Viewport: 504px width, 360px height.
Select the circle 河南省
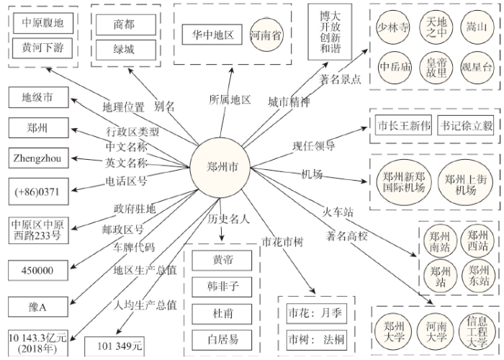click(266, 35)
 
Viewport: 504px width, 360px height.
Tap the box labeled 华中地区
click(210, 35)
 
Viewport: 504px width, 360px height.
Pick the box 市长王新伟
click(404, 125)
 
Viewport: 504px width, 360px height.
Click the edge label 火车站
click(338, 212)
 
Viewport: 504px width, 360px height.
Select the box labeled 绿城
click(124, 50)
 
